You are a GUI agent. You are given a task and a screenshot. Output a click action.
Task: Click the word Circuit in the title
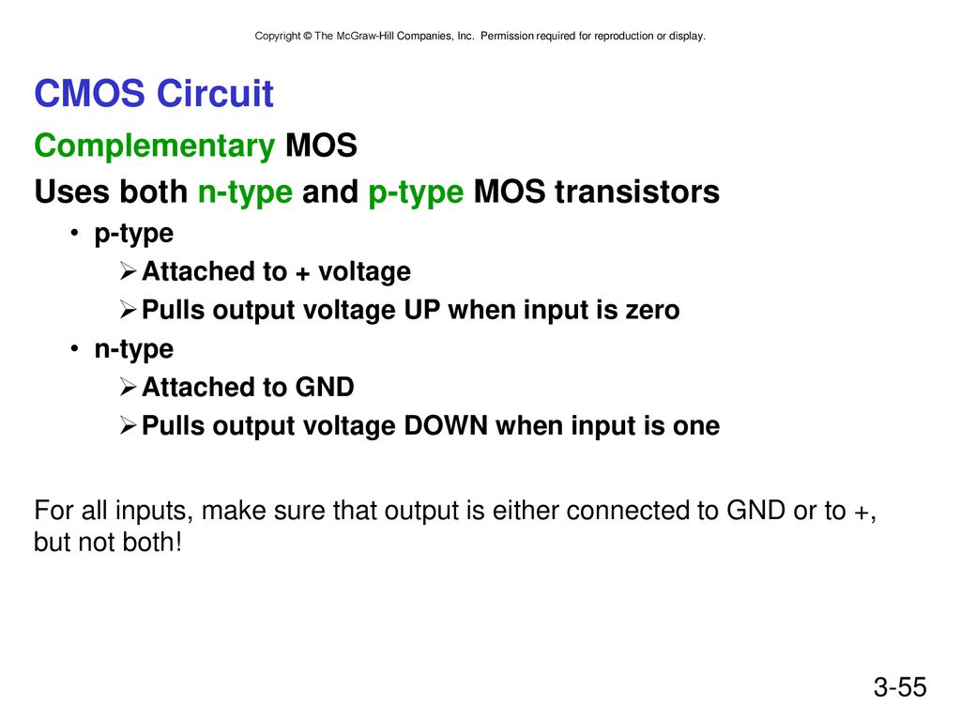click(x=215, y=93)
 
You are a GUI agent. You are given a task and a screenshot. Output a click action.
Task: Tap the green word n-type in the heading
click(x=245, y=192)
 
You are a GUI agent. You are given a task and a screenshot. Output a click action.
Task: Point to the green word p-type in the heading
click(x=416, y=192)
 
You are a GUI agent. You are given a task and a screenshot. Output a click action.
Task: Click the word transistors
click(x=637, y=192)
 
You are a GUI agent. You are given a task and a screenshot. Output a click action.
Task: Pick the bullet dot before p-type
click(x=74, y=233)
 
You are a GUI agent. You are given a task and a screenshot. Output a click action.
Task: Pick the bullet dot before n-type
click(x=74, y=349)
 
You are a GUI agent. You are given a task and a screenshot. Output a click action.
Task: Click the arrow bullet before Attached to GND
click(x=128, y=387)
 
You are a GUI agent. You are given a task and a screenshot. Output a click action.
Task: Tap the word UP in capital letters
click(x=422, y=310)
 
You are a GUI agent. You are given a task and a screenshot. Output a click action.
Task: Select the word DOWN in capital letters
click(x=446, y=425)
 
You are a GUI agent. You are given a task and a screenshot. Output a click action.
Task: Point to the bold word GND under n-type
click(x=325, y=387)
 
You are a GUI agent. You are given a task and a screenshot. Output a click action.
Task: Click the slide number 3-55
click(x=900, y=687)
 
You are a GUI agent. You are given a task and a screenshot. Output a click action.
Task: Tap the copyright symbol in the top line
click(x=308, y=37)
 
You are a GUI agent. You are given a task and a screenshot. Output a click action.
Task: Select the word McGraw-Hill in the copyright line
click(x=365, y=37)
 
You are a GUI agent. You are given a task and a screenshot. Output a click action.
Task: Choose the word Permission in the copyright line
click(x=507, y=37)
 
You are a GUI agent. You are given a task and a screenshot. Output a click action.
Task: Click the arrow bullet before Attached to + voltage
click(x=128, y=271)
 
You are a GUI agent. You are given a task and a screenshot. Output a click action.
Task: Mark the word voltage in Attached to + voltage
click(x=365, y=272)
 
